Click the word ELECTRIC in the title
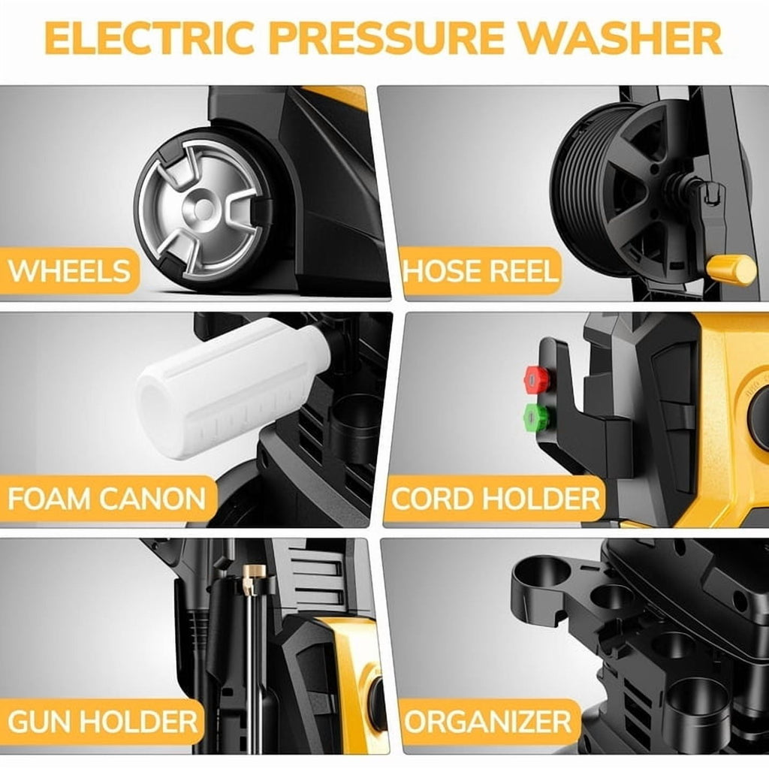149,38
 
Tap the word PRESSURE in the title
387,38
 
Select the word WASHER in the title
620,38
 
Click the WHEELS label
69,270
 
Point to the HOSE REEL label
481,270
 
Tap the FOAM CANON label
107,499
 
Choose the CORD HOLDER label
496,499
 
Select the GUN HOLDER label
102,722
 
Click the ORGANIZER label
487,722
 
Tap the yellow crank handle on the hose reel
731,270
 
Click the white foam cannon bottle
231,388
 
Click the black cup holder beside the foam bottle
355,426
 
